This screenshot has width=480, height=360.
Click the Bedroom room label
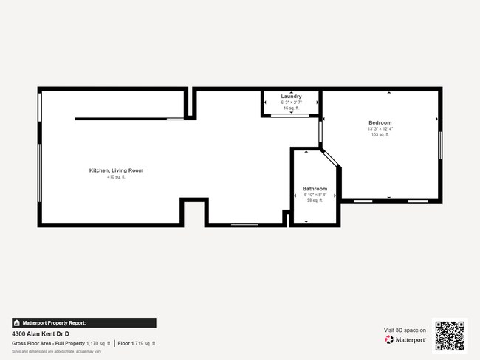tap(380, 122)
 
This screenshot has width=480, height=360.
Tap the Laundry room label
tap(291, 97)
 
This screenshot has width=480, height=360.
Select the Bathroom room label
tap(315, 189)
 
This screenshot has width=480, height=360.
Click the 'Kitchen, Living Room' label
tap(116, 170)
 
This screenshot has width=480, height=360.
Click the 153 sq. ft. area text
tap(380, 135)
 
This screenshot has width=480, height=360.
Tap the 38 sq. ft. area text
tap(315, 201)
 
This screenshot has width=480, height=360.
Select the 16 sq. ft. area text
tap(291, 108)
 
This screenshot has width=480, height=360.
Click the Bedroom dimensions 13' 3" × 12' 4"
tap(380, 129)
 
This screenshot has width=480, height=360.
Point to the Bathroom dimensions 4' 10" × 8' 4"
tap(315, 195)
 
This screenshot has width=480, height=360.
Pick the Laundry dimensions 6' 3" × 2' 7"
tap(291, 103)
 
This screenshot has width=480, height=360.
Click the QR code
tap(450, 336)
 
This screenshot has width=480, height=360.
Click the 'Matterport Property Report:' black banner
tap(83, 322)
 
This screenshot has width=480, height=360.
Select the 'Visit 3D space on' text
tap(405, 330)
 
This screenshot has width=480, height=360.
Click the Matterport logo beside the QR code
tap(405, 340)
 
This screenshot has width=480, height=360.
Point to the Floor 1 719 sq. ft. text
tap(137, 343)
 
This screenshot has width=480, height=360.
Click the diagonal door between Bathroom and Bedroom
tap(330, 159)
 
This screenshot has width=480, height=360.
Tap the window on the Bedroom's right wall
tap(440, 144)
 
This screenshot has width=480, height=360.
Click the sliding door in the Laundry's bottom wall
tap(291, 116)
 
